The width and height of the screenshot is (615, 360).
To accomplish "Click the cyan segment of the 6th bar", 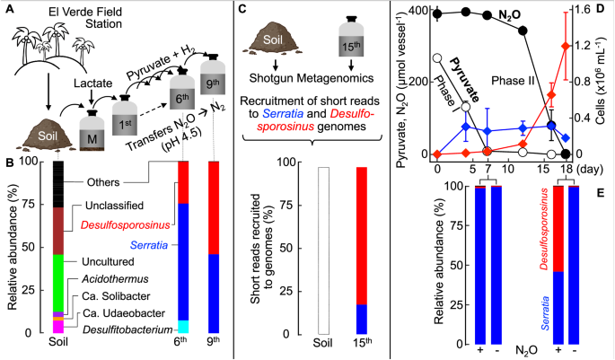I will (x=183, y=326).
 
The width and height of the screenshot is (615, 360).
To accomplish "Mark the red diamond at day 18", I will (x=564, y=46).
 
